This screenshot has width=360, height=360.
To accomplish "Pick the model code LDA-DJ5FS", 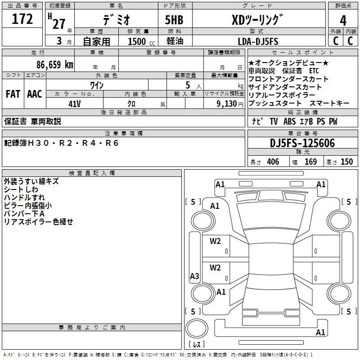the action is [258, 41].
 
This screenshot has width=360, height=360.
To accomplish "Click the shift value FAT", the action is [13, 94].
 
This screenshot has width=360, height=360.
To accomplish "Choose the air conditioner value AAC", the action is [35, 94].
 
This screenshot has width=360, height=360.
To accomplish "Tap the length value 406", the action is [273, 162].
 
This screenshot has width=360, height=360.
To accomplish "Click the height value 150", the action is [346, 162].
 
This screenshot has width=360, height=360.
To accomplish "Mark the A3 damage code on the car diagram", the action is [194, 276].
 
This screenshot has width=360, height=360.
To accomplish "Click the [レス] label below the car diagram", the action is [197, 345].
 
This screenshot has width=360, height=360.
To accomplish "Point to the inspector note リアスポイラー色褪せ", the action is [38, 222].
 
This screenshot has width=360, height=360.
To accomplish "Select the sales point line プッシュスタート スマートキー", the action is [299, 103].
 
